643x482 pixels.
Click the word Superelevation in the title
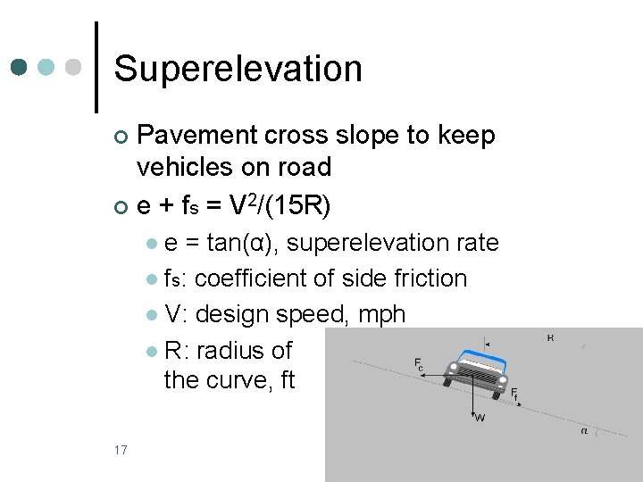pyautogui.click(x=238, y=69)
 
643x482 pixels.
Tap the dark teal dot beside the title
pyautogui.click(x=21, y=68)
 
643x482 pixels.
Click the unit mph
pyautogui.click(x=379, y=314)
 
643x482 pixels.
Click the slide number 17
pyautogui.click(x=121, y=449)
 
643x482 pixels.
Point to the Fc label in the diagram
pyautogui.click(x=419, y=365)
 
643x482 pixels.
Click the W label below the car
pyautogui.click(x=480, y=417)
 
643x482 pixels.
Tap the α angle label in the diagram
pyautogui.click(x=584, y=431)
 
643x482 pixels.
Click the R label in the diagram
pyautogui.click(x=550, y=338)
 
